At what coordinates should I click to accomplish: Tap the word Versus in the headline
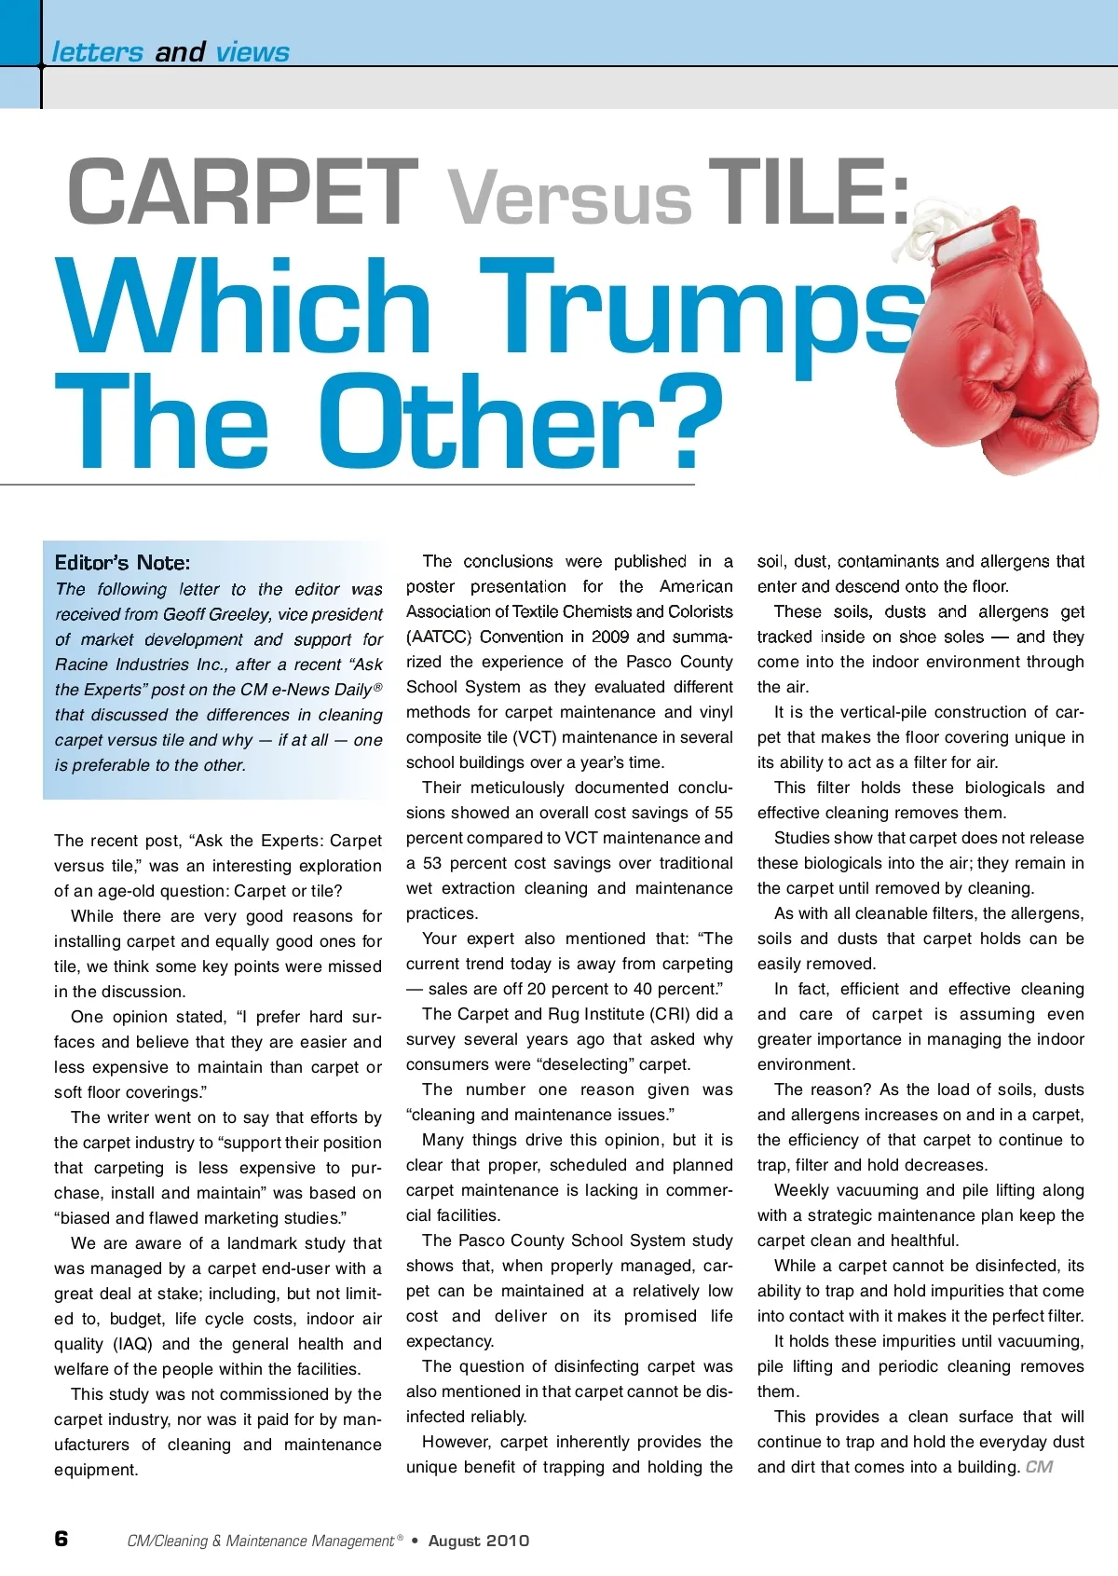click(570, 198)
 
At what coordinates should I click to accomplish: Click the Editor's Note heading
click(122, 563)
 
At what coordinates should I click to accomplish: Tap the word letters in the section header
click(97, 52)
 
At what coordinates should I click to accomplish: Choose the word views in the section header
click(252, 52)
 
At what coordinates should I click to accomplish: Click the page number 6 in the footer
click(61, 1539)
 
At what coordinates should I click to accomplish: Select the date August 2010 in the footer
click(478, 1541)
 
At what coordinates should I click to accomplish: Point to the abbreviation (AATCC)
click(439, 637)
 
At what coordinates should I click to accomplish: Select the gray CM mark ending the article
click(1039, 1467)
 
